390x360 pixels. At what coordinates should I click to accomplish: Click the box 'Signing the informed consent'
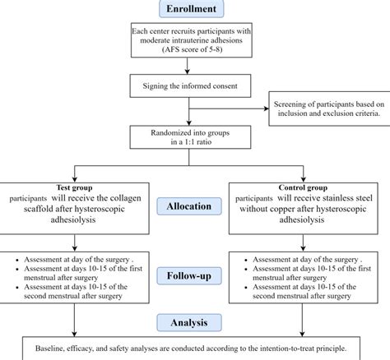tap(195, 84)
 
